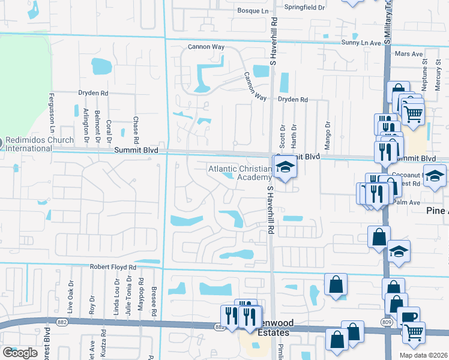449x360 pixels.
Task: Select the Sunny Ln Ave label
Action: pos(361,43)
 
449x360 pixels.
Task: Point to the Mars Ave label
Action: pos(406,54)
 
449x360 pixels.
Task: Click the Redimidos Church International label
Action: pos(26,144)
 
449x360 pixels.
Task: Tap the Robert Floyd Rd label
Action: pos(113,267)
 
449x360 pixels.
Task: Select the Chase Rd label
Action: pos(136,126)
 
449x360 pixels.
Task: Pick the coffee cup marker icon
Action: pos(408,316)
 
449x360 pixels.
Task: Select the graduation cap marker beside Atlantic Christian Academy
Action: pos(286,166)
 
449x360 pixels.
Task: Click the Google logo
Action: pos(20,353)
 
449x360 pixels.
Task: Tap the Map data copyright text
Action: pos(423,355)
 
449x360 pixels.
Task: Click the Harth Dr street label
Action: pos(294,134)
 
